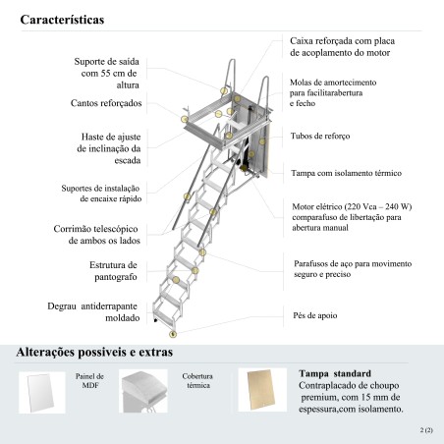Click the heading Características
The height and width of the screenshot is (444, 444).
point(62,20)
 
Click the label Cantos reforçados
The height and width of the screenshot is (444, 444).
point(106,103)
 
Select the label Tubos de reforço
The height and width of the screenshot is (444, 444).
point(320,136)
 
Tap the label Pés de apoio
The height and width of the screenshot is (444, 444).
point(315,315)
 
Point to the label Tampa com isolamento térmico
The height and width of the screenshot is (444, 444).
point(347,173)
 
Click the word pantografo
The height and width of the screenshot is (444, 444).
point(116,277)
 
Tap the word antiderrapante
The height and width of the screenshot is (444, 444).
point(109,306)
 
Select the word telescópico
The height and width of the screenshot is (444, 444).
point(118,229)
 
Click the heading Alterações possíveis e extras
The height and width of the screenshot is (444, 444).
point(94,353)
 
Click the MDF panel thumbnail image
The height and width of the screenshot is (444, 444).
point(42,392)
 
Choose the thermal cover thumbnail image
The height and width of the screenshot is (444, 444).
point(143,391)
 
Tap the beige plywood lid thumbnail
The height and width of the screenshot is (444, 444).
point(262,390)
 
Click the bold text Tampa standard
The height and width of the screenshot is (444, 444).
point(335,373)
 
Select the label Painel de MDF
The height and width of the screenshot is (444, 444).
point(89,381)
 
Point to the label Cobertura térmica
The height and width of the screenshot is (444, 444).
point(197,381)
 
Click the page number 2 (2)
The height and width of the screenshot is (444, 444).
point(426,430)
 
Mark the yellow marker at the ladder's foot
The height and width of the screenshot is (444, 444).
point(173,334)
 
